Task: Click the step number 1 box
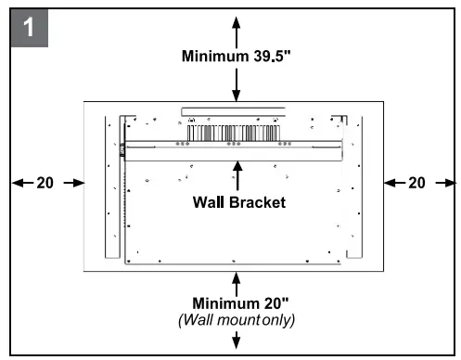29,27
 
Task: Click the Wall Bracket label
237,201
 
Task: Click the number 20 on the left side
45,183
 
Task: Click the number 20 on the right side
416,183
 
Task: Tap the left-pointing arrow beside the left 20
21,183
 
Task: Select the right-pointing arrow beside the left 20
69,183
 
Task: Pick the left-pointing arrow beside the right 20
392,183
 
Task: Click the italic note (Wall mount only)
237,319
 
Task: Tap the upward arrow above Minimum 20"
237,281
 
